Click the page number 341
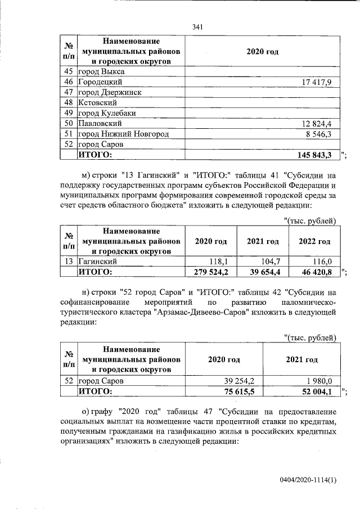coord(197,27)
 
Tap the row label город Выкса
coord(101,71)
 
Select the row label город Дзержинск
coord(109,92)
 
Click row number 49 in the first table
coord(69,113)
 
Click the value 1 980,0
coord(319,381)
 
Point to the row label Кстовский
coord(98,103)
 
